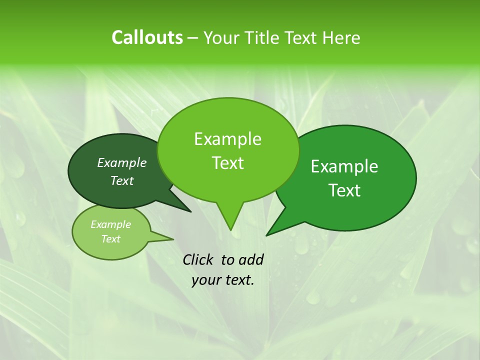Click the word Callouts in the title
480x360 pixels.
click(147, 37)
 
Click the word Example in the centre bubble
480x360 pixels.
click(227, 139)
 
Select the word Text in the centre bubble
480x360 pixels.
click(227, 163)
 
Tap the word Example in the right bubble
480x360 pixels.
click(344, 166)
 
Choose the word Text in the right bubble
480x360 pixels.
click(344, 190)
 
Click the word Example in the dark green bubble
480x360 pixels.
click(122, 163)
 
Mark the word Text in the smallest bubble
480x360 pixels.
click(110, 239)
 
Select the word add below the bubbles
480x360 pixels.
click(251, 259)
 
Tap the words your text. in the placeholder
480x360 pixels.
click(223, 280)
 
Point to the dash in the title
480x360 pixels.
click(193, 38)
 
